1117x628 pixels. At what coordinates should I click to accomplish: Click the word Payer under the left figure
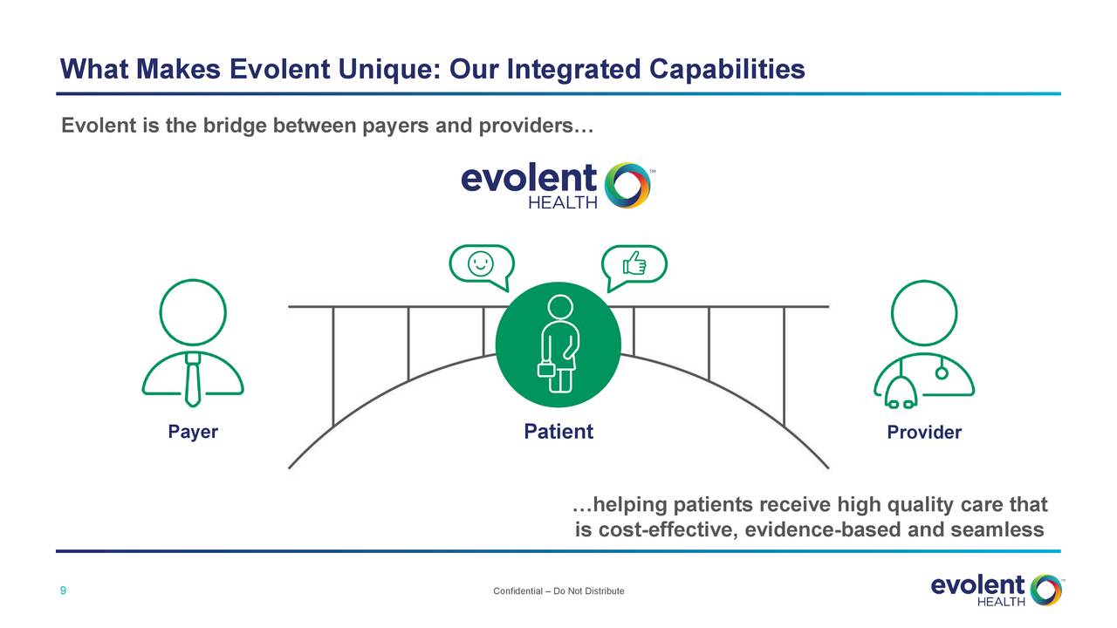pos(193,432)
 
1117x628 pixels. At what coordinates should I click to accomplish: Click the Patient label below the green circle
pos(558,432)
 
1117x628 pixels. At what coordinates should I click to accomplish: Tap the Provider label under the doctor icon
pos(923,433)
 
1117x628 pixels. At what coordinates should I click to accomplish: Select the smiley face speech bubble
pos(480,264)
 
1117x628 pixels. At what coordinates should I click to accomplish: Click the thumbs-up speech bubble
pos(634,264)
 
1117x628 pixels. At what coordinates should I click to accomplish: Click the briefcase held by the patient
pos(546,370)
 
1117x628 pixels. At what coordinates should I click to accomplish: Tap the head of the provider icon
pos(923,312)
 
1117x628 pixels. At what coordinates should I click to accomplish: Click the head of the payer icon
pos(193,312)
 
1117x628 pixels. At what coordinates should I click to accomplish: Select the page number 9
pos(63,591)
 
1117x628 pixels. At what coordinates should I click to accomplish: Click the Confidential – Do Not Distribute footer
pos(558,591)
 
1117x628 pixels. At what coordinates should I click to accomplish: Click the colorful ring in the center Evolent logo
pos(627,185)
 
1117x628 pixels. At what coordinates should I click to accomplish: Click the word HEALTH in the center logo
pos(563,203)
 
